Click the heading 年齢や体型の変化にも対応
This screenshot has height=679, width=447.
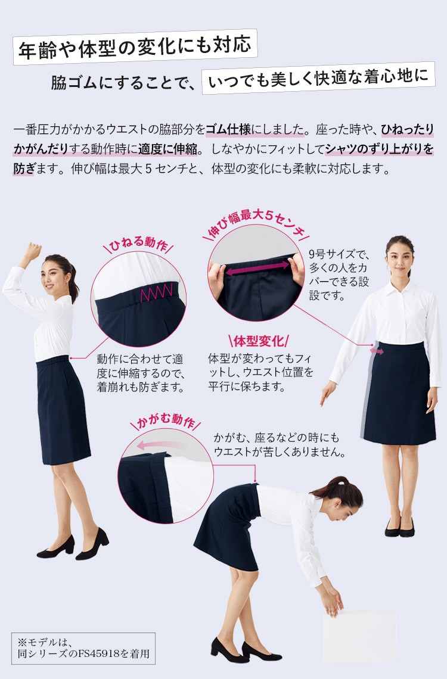tap(135, 47)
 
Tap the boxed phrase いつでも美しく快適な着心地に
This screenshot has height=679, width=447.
tap(318, 78)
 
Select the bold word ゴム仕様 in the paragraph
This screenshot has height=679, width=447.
tap(228, 129)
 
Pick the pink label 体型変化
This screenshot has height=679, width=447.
tap(258, 341)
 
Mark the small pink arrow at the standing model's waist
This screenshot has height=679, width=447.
tap(377, 351)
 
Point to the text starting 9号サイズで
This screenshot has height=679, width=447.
tap(339, 275)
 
